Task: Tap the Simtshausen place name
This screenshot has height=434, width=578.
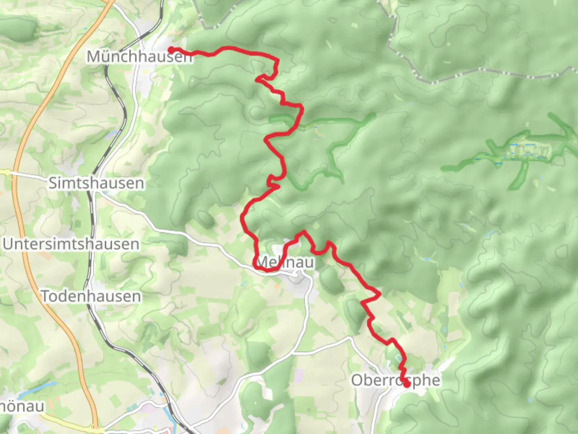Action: (96, 183)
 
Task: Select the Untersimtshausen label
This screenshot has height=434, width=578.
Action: (71, 244)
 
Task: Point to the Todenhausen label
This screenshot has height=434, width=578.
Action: (92, 297)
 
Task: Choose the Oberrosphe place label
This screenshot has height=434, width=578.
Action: (395, 380)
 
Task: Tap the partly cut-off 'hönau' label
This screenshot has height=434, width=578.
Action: (22, 406)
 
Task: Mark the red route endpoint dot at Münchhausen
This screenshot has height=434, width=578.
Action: (171, 50)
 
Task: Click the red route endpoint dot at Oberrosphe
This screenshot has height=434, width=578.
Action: (407, 384)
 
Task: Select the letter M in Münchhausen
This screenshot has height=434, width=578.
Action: (94, 57)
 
